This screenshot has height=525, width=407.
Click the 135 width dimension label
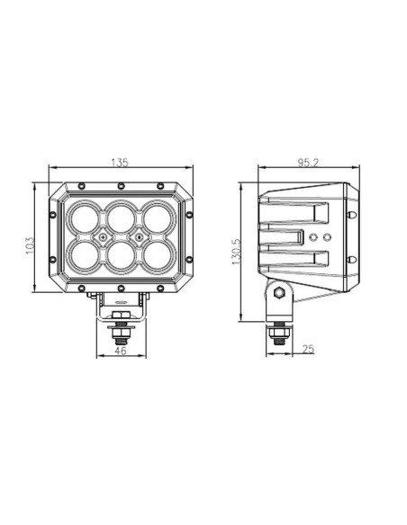click(x=120, y=163)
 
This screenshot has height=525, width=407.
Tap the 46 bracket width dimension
click(x=120, y=351)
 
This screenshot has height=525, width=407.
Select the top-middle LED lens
click(x=120, y=217)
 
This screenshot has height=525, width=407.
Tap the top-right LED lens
click(x=157, y=217)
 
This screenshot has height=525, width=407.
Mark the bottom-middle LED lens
click(x=120, y=257)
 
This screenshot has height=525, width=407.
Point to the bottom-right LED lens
click(x=157, y=256)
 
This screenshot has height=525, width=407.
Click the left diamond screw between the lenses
click(x=102, y=236)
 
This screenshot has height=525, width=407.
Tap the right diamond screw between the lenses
click(x=139, y=236)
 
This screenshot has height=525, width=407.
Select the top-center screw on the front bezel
click(x=120, y=186)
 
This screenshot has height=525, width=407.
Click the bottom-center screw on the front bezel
click(x=120, y=289)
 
